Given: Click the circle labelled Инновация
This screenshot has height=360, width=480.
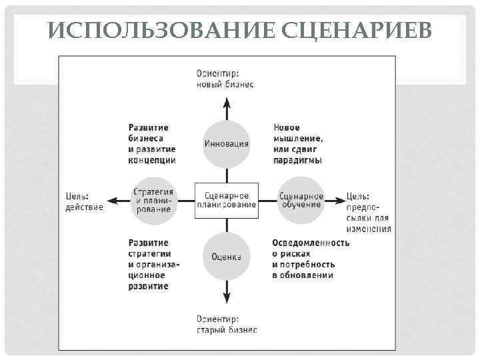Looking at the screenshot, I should point(227,143).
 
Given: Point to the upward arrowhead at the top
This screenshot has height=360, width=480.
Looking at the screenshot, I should point(227,102).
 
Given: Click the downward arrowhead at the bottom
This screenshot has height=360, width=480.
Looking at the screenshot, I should point(227,297).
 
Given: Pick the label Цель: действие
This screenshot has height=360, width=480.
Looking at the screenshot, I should point(84,201).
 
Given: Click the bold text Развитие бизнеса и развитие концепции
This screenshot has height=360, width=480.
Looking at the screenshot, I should point(152,143).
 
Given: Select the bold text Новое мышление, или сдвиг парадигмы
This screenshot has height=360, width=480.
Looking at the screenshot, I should point(298,143).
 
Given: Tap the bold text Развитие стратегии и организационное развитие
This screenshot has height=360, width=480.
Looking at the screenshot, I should point(154,264).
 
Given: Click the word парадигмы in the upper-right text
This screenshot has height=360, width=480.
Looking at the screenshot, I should point(298,160).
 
